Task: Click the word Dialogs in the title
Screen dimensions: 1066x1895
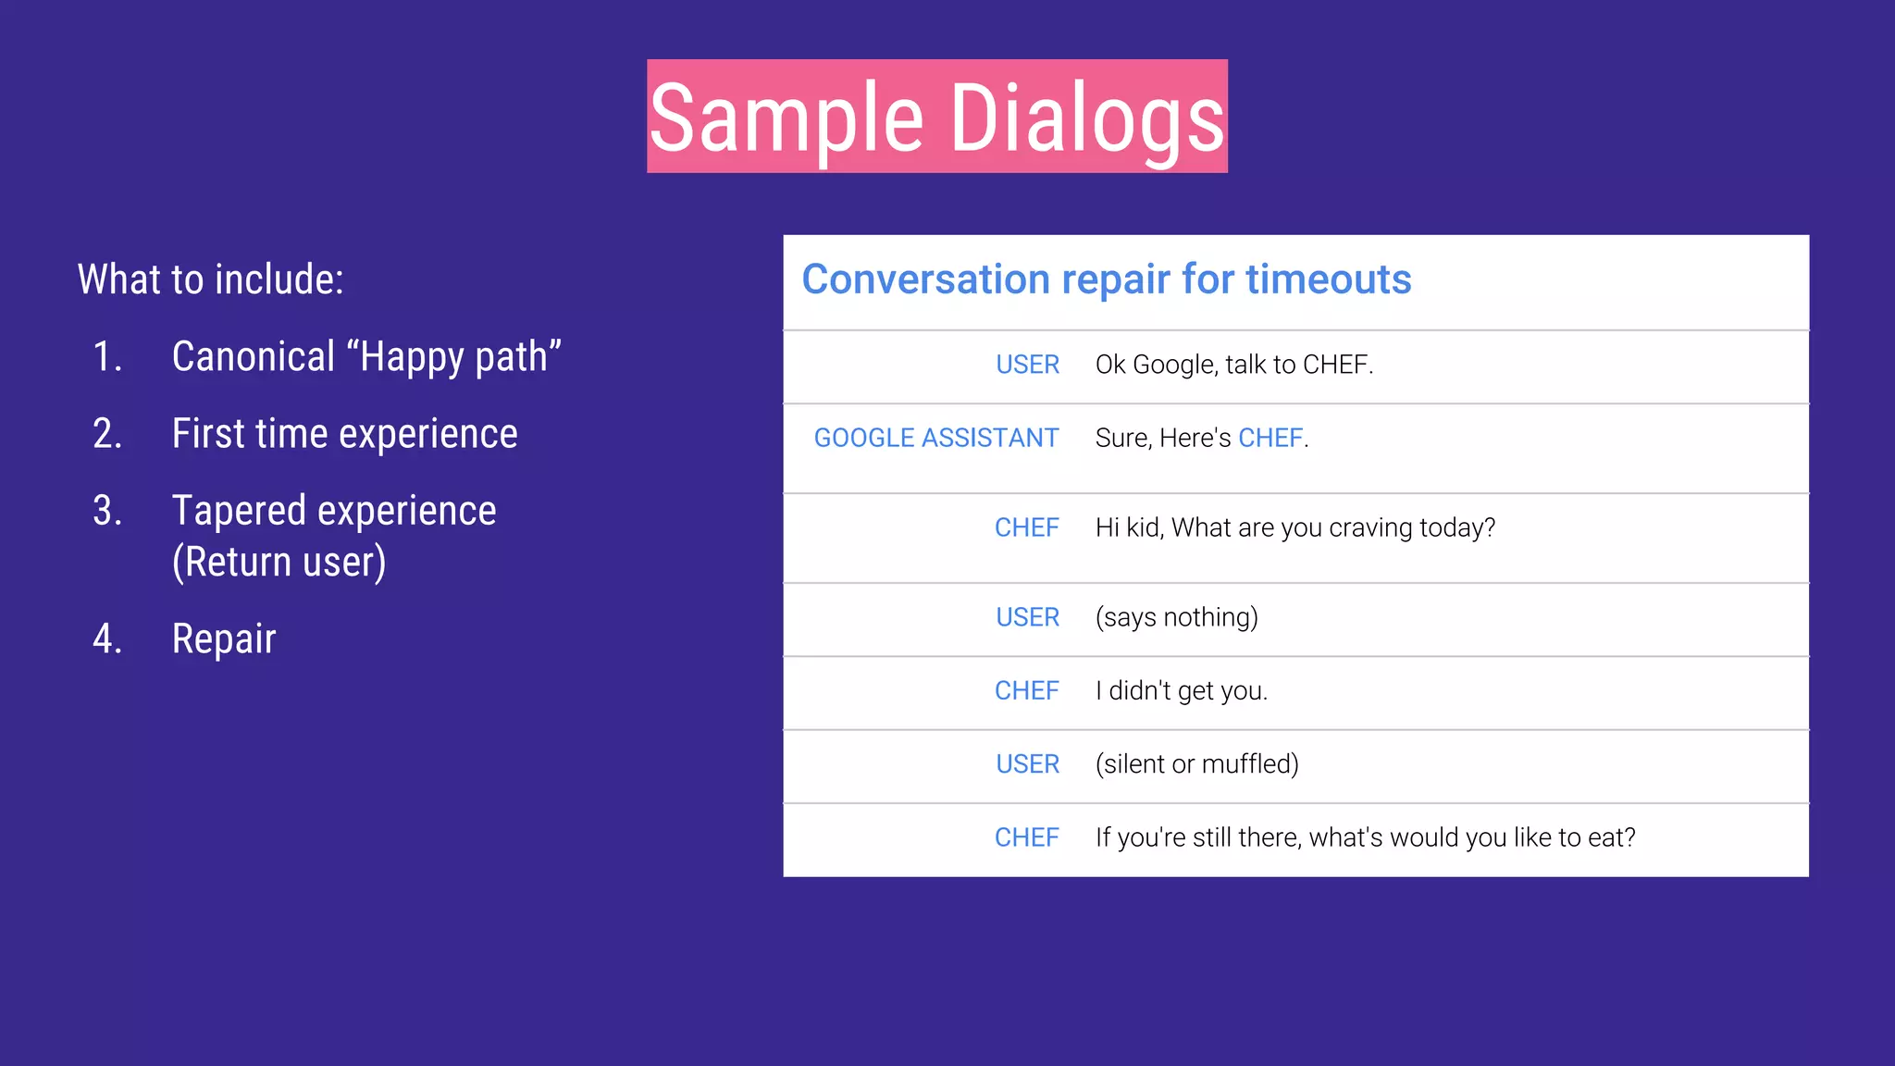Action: click(x=1087, y=118)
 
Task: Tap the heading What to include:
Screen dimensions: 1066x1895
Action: click(x=211, y=279)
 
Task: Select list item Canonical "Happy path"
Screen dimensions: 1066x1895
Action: click(x=366, y=357)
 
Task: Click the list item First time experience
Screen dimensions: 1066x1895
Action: click(x=344, y=434)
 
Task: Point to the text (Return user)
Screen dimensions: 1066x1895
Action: click(x=279, y=562)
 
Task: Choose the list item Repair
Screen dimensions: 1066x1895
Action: click(x=224, y=639)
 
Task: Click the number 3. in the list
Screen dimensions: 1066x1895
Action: click(x=107, y=511)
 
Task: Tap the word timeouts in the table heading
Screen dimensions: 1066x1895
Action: click(x=1328, y=279)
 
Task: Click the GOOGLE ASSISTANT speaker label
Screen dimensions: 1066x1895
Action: click(x=935, y=438)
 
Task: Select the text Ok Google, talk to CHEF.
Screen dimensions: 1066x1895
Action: click(x=1233, y=365)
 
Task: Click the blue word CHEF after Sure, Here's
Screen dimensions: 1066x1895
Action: click(x=1270, y=438)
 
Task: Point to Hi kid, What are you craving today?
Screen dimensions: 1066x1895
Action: click(x=1294, y=527)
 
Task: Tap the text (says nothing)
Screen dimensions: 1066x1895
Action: click(x=1176, y=617)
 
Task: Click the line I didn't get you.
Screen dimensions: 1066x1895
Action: click(x=1181, y=690)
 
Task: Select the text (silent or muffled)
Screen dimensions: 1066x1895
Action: click(x=1196, y=764)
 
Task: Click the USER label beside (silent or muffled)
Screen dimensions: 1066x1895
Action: click(x=1027, y=764)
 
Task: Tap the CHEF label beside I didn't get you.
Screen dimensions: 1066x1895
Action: click(x=1026, y=690)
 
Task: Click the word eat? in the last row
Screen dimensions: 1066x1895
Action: click(x=1611, y=837)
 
